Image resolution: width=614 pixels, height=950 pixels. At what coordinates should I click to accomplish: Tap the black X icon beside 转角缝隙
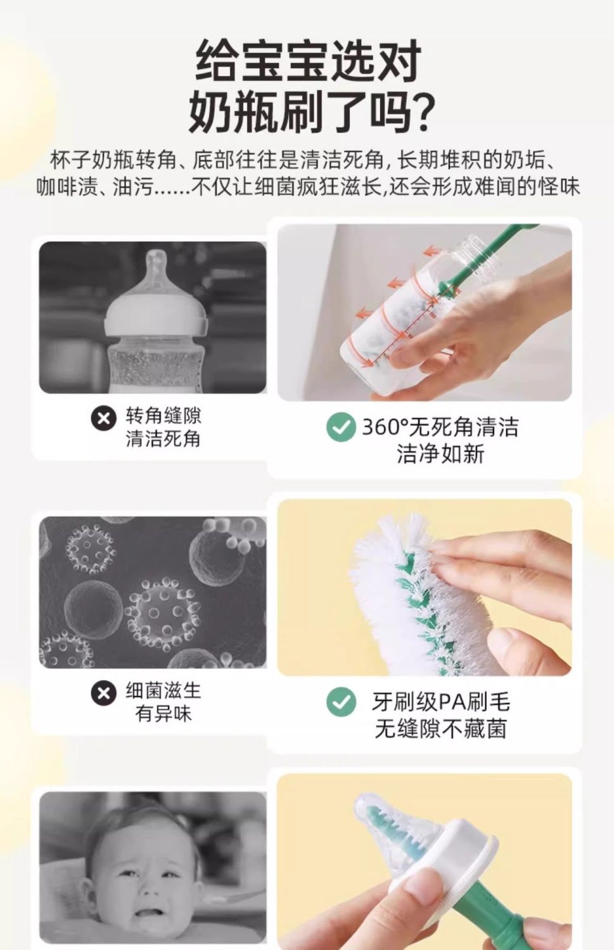coord(103,419)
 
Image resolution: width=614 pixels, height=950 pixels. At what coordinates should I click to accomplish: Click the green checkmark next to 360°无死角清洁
coord(340,427)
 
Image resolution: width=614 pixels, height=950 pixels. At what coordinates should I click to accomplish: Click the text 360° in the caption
coord(385,427)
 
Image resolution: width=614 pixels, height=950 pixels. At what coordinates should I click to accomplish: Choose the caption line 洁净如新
coord(440,455)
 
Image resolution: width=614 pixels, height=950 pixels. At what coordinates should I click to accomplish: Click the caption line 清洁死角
coord(163,438)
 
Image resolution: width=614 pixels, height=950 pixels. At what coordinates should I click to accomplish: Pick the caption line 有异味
coord(163,713)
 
